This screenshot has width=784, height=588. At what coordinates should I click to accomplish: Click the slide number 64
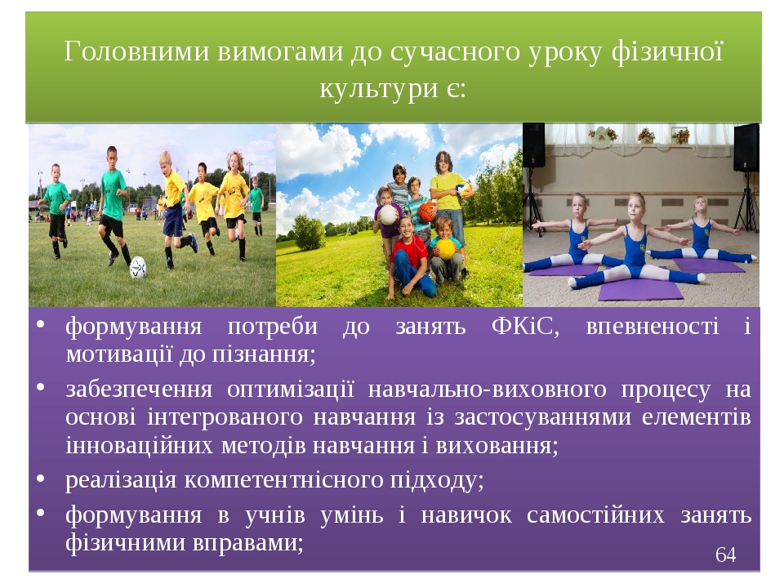[725, 555]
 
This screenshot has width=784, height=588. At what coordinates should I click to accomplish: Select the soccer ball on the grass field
[137, 268]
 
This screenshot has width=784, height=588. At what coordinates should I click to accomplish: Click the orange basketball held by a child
[426, 212]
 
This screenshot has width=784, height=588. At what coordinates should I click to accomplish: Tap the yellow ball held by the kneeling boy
[446, 248]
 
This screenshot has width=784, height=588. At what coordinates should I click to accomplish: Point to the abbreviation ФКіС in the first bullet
[525, 327]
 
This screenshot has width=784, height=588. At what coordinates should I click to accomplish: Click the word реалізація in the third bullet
[121, 480]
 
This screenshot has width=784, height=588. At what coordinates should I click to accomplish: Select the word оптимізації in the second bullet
[291, 390]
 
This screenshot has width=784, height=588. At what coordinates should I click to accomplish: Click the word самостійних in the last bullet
[595, 515]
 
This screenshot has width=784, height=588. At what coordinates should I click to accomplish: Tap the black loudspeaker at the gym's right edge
[746, 148]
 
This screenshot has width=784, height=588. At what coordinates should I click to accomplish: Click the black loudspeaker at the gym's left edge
[533, 145]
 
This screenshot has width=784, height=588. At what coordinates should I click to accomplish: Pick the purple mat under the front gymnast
[639, 289]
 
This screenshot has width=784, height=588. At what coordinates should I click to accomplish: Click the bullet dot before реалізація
[41, 479]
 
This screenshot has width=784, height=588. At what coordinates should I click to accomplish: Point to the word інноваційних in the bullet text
[140, 446]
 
